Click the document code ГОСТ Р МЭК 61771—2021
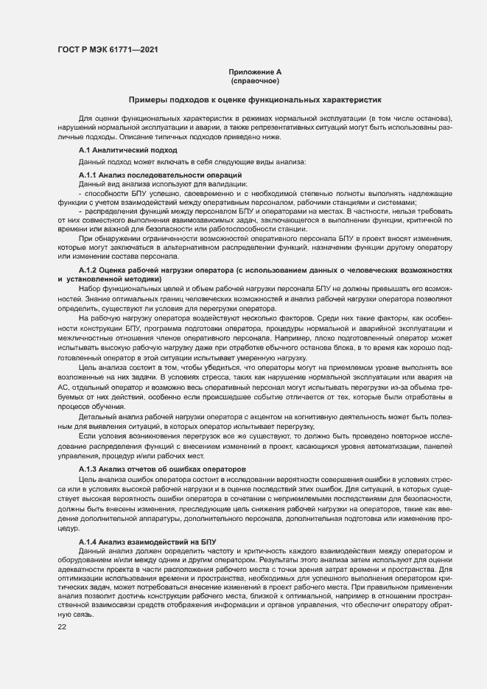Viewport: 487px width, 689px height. click(107, 49)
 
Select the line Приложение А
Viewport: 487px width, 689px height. click(255, 72)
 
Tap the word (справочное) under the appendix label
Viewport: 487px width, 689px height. click(255, 81)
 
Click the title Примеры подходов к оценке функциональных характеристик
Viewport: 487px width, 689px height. click(255, 99)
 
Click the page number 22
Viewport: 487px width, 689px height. click(62, 626)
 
